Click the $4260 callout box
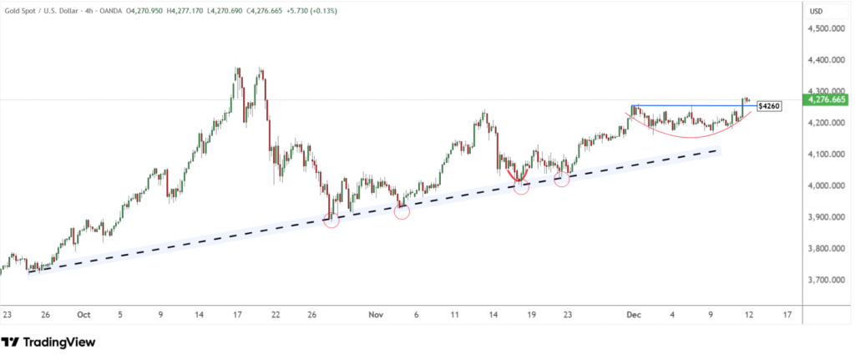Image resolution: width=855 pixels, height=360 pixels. coord(768,107)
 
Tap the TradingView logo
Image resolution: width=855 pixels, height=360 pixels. coord(48,342)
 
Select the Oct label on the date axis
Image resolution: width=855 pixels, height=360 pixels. coord(83,315)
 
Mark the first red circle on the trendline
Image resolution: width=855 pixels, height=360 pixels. coord(331,221)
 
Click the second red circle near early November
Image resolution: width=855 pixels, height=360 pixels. coord(402,211)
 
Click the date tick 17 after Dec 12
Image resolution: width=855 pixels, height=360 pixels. coord(787,315)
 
